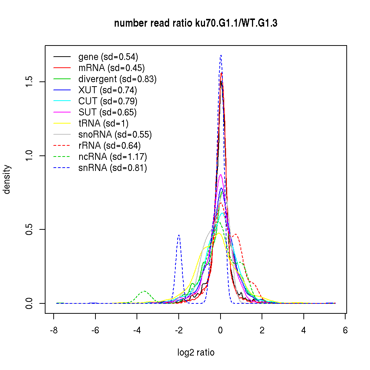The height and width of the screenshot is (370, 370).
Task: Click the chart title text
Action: [x=196, y=23]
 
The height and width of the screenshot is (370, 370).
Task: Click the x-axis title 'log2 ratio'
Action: [x=196, y=352]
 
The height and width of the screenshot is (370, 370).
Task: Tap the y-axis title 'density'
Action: [x=7, y=179]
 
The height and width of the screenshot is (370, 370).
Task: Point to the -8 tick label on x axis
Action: [x=54, y=330]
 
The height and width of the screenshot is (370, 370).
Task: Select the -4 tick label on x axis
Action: [x=137, y=330]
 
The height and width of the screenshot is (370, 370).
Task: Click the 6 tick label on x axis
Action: [x=345, y=330]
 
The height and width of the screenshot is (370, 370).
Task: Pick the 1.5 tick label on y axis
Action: [x=29, y=81]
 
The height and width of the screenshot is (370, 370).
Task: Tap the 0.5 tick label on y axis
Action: [x=29, y=229]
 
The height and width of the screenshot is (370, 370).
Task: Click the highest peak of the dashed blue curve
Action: [x=221, y=55]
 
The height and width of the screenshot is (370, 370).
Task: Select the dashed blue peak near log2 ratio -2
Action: [x=179, y=235]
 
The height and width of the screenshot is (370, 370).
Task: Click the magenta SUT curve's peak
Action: [x=221, y=175]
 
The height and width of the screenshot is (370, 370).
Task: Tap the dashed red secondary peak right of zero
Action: [x=235, y=234]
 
